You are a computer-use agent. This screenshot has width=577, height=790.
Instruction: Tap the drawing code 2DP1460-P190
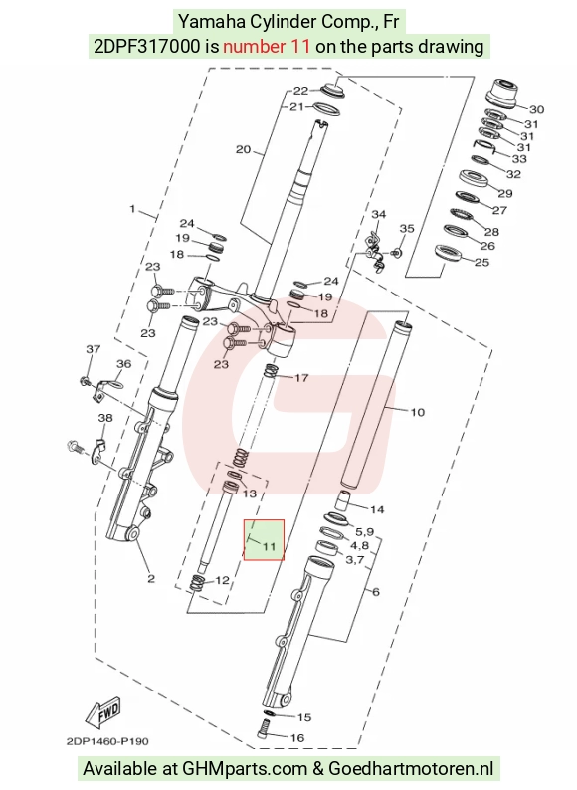coord(107,741)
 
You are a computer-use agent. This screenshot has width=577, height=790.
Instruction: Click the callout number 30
coord(536,109)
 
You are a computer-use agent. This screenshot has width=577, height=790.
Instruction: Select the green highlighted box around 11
coord(264,539)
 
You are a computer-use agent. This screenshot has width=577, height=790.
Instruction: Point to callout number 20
coord(243,149)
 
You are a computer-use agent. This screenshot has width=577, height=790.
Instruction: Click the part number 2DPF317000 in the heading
coord(146,47)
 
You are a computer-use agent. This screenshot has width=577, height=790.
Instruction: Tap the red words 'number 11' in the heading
coord(267,47)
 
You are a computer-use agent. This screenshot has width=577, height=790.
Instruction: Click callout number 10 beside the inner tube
coord(417,412)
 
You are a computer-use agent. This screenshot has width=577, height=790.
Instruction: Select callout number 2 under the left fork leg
coord(151,579)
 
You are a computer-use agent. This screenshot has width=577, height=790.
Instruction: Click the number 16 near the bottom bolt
coord(297,738)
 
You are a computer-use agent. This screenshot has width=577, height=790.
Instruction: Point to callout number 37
coord(94,348)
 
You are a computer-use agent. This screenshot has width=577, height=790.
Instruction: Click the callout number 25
coord(481,262)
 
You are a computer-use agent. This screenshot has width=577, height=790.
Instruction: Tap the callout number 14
coord(377,509)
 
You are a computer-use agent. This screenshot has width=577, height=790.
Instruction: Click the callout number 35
coord(407,228)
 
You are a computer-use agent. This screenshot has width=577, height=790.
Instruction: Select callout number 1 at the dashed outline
coord(132,208)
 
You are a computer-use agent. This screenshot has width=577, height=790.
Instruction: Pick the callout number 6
coord(375,592)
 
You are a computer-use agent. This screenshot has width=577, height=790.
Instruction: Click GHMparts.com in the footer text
coord(245,769)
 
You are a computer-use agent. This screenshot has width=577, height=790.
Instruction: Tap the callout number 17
coord(301,378)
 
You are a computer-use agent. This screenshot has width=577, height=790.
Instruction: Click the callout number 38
coord(104,418)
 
